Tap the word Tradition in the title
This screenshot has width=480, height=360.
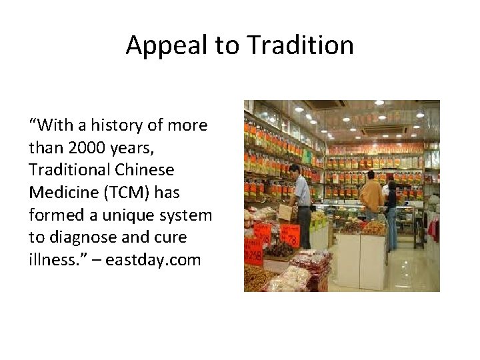tap(300, 46)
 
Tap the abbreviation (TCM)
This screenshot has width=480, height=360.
tap(127, 193)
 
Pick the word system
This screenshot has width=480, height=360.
tap(190, 215)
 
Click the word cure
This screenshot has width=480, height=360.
tap(170, 238)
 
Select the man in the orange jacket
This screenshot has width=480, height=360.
tap(371, 197)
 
